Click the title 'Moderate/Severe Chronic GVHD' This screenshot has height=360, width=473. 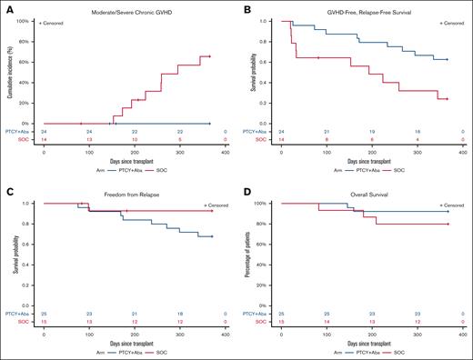click(128, 8)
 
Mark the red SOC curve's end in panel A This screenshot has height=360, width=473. click(210, 56)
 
